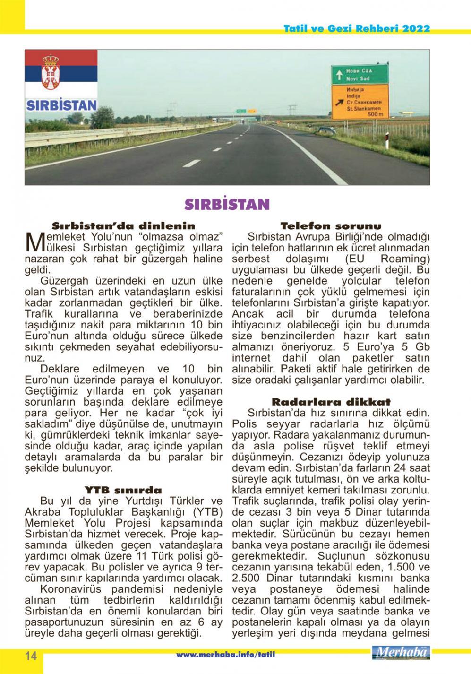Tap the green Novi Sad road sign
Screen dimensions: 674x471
point(360,74)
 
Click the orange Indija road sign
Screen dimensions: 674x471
point(360,102)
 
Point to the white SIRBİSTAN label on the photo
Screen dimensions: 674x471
point(61,105)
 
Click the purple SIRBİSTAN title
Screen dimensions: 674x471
point(227,204)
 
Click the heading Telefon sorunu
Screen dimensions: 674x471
point(331,226)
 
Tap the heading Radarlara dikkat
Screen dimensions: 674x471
point(331,402)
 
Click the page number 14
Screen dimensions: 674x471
point(31,656)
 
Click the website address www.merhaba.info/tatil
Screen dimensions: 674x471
point(225,655)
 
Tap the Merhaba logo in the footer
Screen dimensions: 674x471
point(401,653)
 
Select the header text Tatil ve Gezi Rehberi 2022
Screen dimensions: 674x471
point(357,28)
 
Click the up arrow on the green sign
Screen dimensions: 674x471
point(338,75)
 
